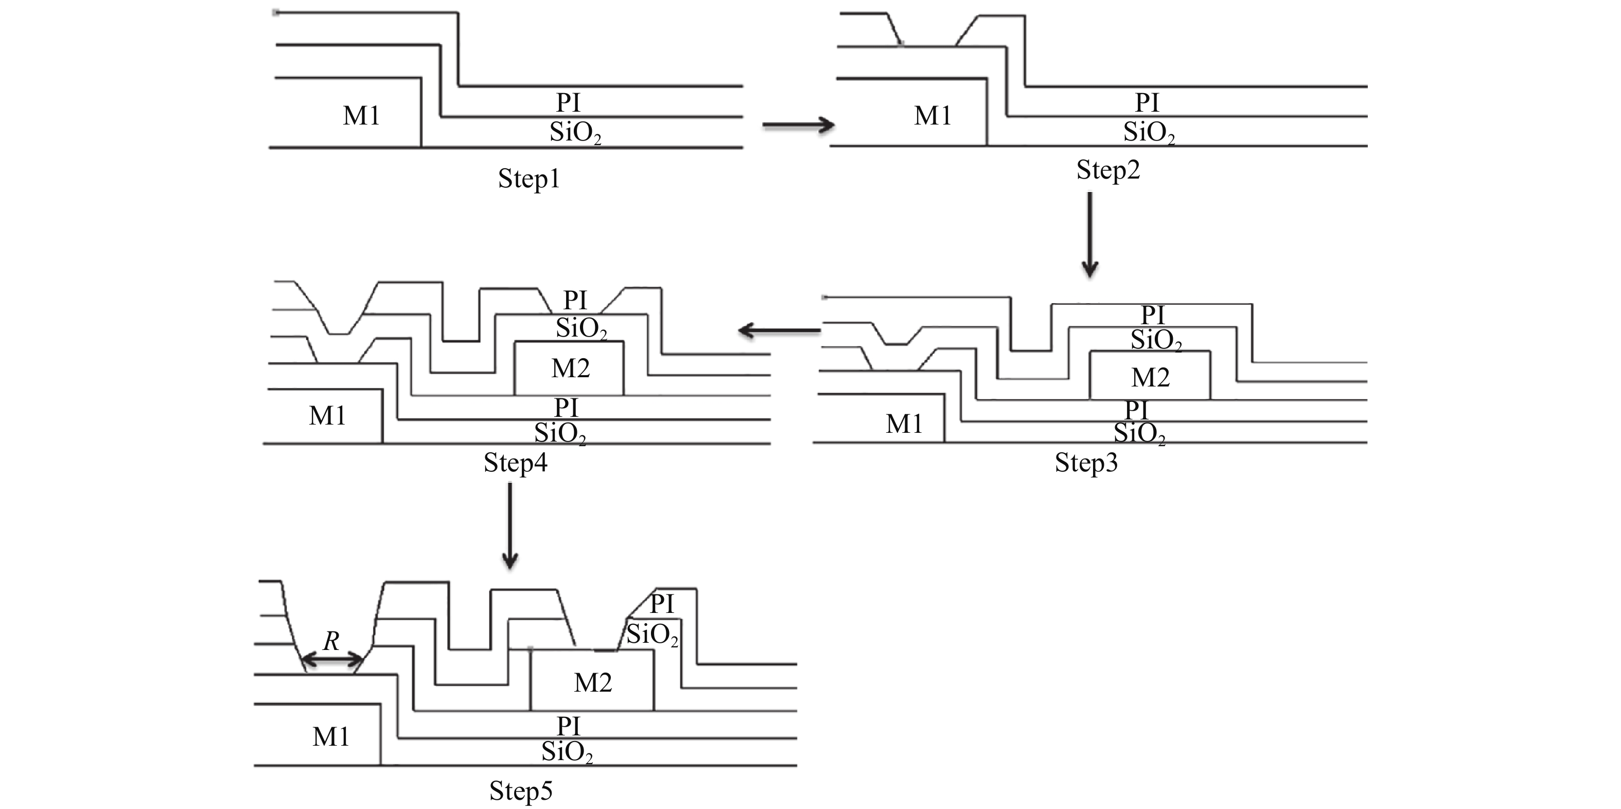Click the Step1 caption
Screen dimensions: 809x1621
point(528,179)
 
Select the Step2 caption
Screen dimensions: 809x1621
point(1107,170)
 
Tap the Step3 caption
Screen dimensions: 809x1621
point(1086,463)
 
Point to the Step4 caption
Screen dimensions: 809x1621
point(515,463)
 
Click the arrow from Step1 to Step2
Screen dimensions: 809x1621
point(798,125)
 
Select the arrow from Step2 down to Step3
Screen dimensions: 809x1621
point(1090,234)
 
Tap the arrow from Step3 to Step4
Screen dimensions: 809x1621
point(779,330)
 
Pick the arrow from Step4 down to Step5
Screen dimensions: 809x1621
point(509,526)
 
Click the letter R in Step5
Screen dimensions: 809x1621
point(331,642)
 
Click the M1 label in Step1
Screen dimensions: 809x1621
point(361,116)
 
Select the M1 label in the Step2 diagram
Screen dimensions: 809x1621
point(932,116)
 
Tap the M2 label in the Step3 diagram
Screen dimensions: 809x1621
point(1150,377)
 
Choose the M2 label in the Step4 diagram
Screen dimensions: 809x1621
point(570,368)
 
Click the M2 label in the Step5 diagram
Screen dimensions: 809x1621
point(593,682)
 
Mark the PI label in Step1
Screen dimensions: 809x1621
point(568,102)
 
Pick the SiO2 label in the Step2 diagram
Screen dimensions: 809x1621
point(1149,133)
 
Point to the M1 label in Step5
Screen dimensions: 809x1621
point(330,736)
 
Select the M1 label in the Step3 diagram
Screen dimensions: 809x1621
point(904,425)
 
